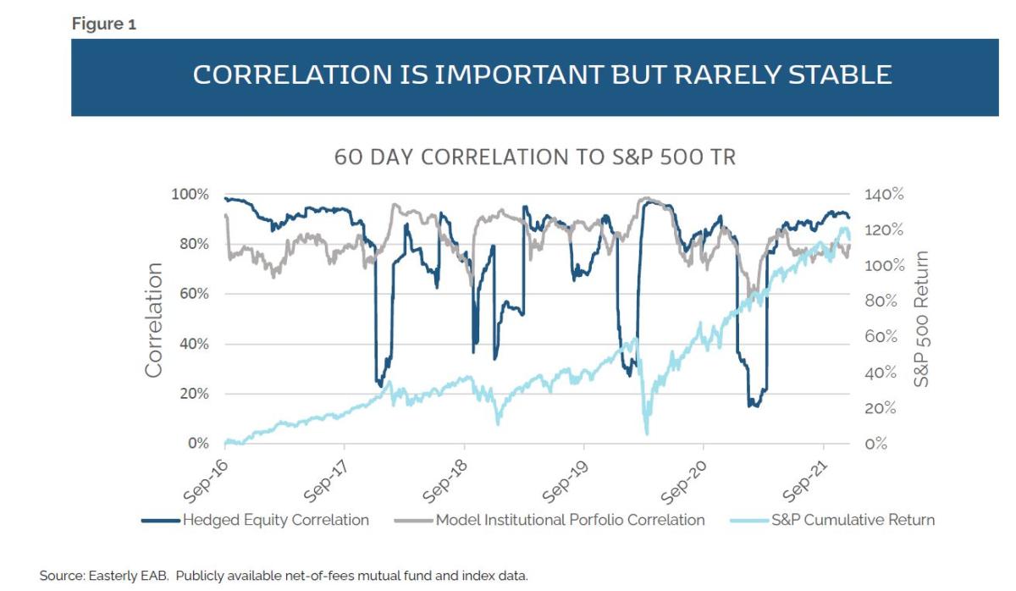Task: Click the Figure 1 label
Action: click(x=104, y=24)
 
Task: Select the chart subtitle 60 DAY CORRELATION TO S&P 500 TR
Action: click(x=535, y=157)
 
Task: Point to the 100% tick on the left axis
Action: click(x=190, y=194)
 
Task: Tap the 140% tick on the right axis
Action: click(x=884, y=194)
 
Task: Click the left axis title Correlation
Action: click(x=154, y=319)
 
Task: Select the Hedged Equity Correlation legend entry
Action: click(x=275, y=520)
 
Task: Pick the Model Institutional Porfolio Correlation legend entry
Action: click(x=569, y=520)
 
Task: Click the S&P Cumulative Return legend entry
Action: click(x=852, y=520)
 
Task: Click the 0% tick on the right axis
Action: click(x=876, y=444)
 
